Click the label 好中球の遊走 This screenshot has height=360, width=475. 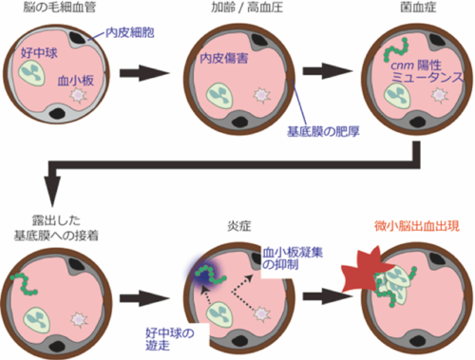click(x=169, y=337)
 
